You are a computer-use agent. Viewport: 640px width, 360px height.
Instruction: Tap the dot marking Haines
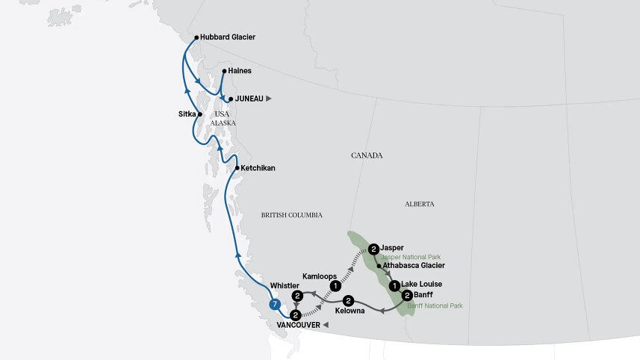pyautogui.click(x=223, y=72)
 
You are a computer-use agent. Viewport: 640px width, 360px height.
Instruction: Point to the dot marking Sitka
pyautogui.click(x=200, y=114)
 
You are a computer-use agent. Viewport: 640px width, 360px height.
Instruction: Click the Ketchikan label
pyautogui.click(x=258, y=168)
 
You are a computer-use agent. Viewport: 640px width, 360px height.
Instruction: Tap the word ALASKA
pyautogui.click(x=223, y=123)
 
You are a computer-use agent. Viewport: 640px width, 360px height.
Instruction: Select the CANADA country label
pyautogui.click(x=367, y=155)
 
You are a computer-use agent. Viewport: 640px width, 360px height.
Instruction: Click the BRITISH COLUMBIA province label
pyautogui.click(x=291, y=215)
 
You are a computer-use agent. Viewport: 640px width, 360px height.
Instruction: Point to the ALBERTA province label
pyautogui.click(x=420, y=204)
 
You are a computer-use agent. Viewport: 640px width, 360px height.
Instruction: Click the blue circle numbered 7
pyautogui.click(x=276, y=304)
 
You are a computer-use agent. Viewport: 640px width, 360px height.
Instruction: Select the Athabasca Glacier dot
pyautogui.click(x=380, y=265)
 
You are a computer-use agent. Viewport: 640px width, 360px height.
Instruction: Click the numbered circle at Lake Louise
pyautogui.click(x=394, y=285)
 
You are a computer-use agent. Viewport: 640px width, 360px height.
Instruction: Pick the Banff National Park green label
pyautogui.click(x=435, y=306)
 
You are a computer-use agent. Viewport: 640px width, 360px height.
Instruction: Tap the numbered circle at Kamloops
pyautogui.click(x=336, y=285)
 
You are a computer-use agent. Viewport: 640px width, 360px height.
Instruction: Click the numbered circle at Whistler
pyautogui.click(x=297, y=297)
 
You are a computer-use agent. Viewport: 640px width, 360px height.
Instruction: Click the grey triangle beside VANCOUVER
pyautogui.click(x=326, y=326)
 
